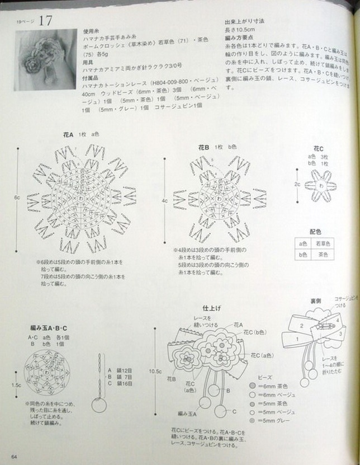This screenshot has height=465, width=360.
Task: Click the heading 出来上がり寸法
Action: click(x=244, y=21)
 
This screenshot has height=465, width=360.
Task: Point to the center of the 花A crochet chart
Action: click(x=83, y=199)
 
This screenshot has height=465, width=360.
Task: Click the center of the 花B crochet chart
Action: click(x=219, y=199)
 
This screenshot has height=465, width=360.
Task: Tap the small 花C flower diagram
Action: click(x=321, y=184)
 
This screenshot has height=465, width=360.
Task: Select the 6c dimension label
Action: click(x=17, y=197)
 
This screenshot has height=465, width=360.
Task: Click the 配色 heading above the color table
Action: click(x=315, y=231)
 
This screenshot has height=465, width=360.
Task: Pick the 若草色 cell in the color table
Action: click(x=324, y=243)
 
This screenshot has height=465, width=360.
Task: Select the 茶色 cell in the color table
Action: click(x=324, y=255)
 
